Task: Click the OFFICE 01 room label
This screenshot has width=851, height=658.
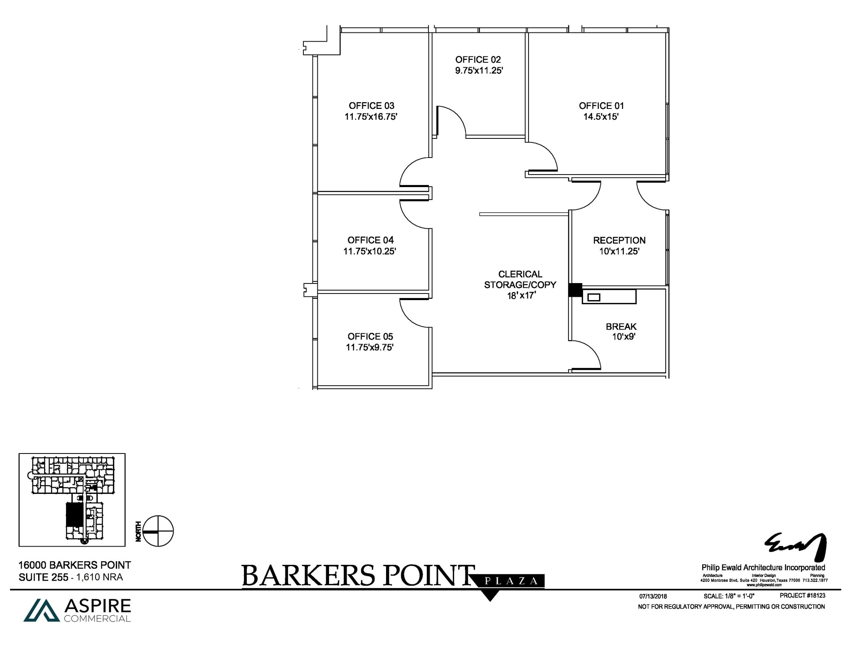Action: (x=601, y=106)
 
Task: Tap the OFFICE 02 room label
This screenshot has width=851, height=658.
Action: (x=478, y=60)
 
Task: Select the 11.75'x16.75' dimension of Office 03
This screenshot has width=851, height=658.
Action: (x=371, y=117)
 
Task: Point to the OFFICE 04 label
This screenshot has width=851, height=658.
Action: (x=370, y=240)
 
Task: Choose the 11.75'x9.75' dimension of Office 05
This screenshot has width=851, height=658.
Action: (x=369, y=347)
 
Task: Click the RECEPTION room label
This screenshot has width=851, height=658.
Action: (x=619, y=241)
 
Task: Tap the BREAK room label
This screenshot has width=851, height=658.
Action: (x=621, y=327)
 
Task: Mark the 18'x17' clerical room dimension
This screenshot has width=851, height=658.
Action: (x=521, y=296)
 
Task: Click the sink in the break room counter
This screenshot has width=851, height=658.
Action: (x=594, y=297)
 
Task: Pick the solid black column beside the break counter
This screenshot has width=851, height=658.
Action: (x=575, y=290)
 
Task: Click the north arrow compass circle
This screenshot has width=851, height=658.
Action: (x=158, y=531)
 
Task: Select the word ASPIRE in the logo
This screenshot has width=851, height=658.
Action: (x=98, y=606)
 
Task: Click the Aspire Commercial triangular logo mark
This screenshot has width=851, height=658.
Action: (x=42, y=610)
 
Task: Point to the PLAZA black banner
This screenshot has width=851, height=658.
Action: (x=511, y=581)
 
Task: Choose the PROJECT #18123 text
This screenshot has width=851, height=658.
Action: (x=802, y=596)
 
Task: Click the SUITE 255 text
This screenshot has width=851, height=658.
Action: (x=43, y=577)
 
